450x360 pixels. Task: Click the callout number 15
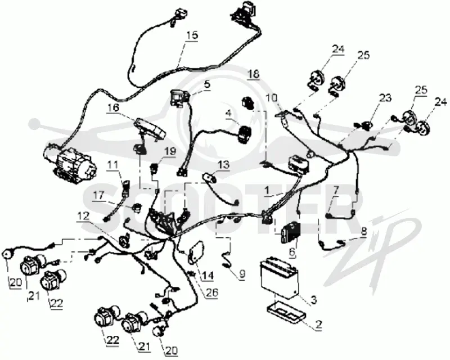point(192,35)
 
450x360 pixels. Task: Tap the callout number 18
point(254,74)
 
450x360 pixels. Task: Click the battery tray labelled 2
point(286,314)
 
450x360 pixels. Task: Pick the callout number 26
point(213,292)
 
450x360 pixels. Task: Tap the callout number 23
point(385,98)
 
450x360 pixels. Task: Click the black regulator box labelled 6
point(290,233)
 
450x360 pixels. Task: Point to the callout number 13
point(223,165)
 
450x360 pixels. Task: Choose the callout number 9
point(242,273)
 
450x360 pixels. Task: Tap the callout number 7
point(336,190)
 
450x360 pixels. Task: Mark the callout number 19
point(170,151)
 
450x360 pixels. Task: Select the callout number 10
point(272,98)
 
